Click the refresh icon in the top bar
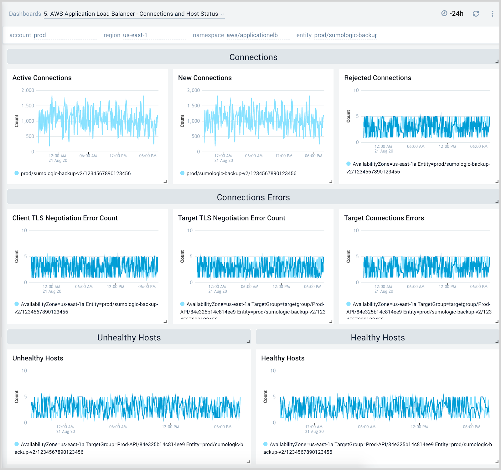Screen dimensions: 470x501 [476, 14]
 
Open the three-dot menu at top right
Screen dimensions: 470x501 [492, 14]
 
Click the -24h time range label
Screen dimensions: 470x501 [456, 13]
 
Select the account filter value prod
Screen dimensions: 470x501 [40, 35]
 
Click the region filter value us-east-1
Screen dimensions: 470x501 [135, 35]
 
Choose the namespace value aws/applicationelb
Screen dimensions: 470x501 [252, 35]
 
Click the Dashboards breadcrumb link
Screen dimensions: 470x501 [25, 14]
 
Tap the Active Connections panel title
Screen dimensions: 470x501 [42, 78]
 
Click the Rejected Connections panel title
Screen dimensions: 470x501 [378, 78]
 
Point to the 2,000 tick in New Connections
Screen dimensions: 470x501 [193, 90]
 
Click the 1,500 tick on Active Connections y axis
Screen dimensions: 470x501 [28, 106]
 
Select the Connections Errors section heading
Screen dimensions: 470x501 [253, 198]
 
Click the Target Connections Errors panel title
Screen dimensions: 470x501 [384, 218]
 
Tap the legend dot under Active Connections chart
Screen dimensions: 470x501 [17, 173]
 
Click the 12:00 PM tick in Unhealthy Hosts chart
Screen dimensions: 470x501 [170, 427]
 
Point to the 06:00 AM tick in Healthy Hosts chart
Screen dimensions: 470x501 [367, 427]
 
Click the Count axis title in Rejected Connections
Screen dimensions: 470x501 [349, 116]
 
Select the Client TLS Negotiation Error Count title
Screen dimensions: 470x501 [65, 218]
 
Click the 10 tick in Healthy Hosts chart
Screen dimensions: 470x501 [273, 371]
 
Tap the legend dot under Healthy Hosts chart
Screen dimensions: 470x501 [266, 444]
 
